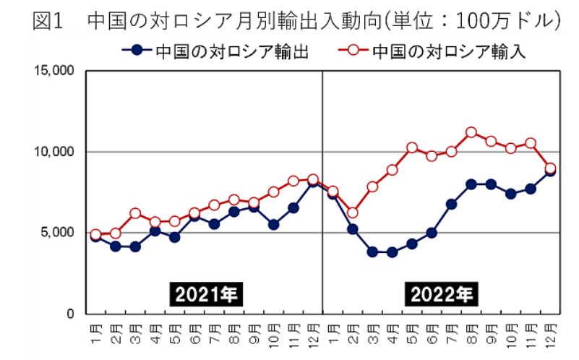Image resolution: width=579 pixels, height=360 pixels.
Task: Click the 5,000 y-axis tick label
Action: [x=59, y=233]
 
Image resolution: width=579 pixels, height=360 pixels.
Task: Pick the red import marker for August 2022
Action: [x=471, y=132]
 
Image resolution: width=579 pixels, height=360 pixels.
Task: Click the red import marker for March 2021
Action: [x=135, y=213]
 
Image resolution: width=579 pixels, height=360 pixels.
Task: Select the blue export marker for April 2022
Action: [x=392, y=252]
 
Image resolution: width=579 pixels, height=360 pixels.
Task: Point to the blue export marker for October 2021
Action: [x=273, y=225]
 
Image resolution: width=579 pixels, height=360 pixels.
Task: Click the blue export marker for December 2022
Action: [x=550, y=171]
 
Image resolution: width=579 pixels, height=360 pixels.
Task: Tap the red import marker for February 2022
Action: [x=353, y=213]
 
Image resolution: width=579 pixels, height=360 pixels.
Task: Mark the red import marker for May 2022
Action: [x=412, y=147]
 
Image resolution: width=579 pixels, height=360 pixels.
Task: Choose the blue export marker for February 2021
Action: [x=116, y=247]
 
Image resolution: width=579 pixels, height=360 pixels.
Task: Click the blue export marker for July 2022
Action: [x=451, y=205]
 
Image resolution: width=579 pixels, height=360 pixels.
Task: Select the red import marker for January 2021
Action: [x=95, y=235]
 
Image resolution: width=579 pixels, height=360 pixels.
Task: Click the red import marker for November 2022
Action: [x=531, y=143]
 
